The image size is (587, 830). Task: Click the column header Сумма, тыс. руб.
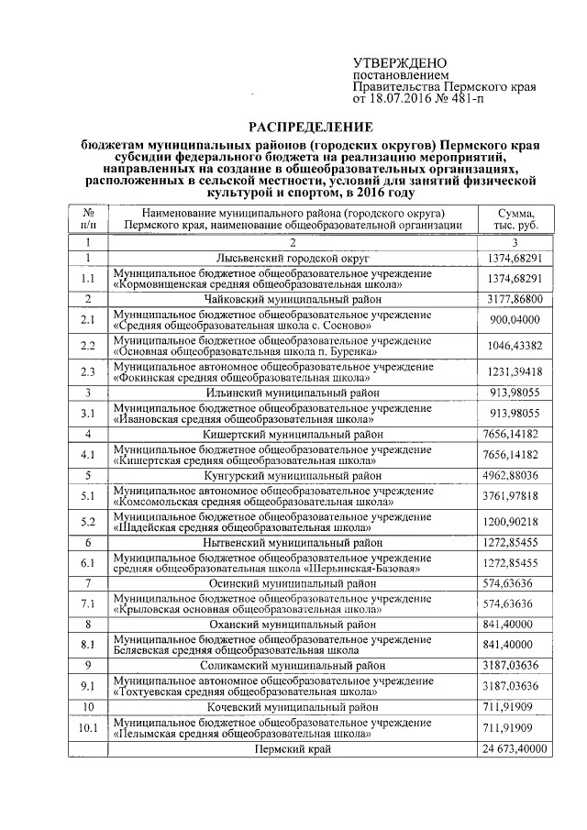pyautogui.click(x=516, y=218)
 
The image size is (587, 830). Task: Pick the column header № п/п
pyautogui.click(x=88, y=218)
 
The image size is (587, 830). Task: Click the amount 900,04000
pyautogui.click(x=516, y=319)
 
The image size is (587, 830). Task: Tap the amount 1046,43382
pyautogui.click(x=516, y=346)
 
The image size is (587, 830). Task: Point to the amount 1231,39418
pyautogui.click(x=516, y=371)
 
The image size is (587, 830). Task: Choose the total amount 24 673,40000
pyautogui.click(x=515, y=749)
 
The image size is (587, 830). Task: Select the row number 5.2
pyautogui.click(x=88, y=522)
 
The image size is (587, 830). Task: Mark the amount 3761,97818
pyautogui.click(x=516, y=496)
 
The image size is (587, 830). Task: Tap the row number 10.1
pyautogui.click(x=88, y=728)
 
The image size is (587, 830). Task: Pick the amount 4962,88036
pyautogui.click(x=516, y=476)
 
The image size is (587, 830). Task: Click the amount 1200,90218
pyautogui.click(x=516, y=522)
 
